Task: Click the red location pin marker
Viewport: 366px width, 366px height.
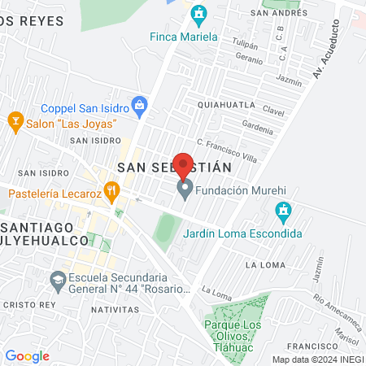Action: point(185,165)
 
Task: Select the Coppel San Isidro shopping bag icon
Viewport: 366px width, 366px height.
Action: point(140,104)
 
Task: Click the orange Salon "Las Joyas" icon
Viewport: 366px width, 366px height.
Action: point(14,123)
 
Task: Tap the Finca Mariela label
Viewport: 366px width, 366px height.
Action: point(184,37)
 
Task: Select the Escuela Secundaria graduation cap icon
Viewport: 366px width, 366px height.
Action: point(58,280)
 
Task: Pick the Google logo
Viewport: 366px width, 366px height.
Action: point(27,356)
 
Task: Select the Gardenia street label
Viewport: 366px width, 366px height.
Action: point(257,129)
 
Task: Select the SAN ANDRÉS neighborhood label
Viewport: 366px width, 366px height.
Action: point(279,14)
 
